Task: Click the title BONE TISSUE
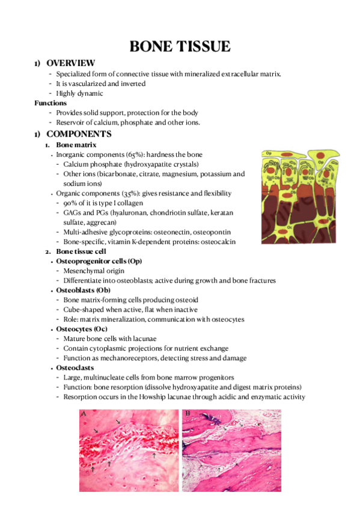click(x=180, y=46)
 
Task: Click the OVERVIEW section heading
click(x=70, y=63)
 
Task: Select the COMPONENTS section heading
click(x=79, y=134)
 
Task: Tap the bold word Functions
click(x=50, y=103)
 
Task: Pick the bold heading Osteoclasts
click(x=73, y=367)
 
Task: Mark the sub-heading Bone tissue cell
click(x=82, y=251)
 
